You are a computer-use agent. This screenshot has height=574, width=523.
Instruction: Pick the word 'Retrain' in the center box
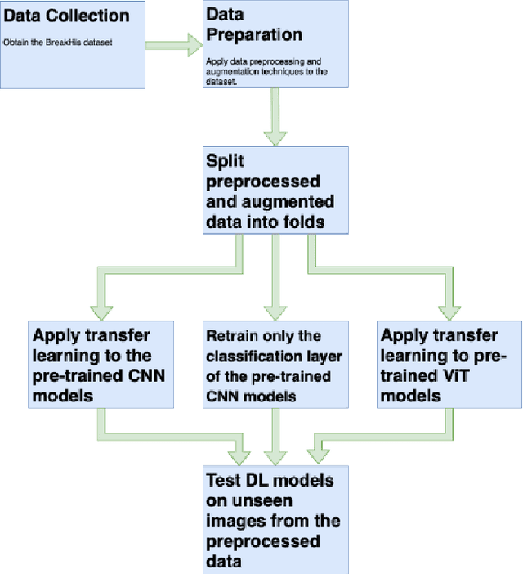[232, 336]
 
